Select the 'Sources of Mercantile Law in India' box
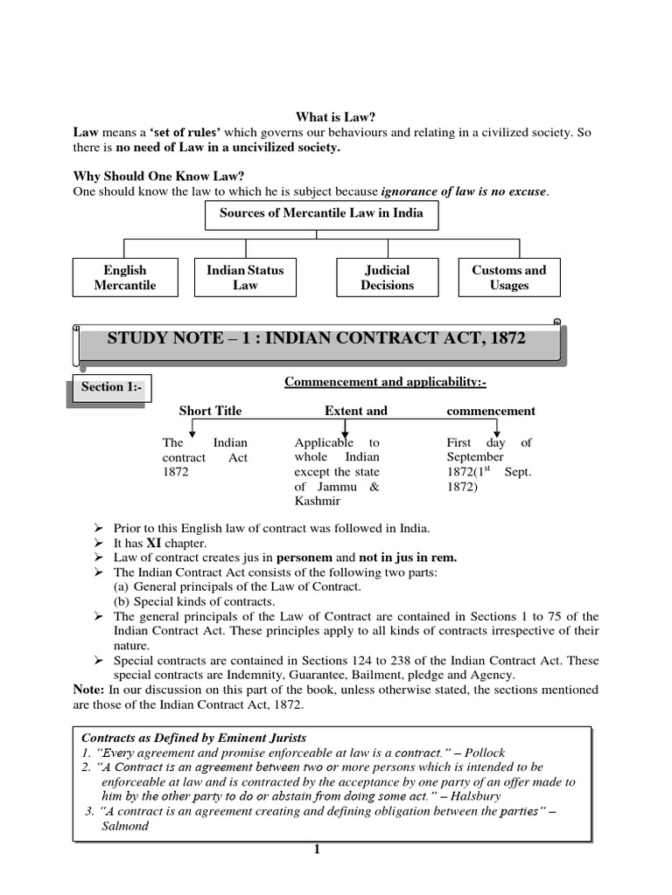pyautogui.click(x=320, y=213)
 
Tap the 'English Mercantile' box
pyautogui.click(x=125, y=278)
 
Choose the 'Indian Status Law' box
pyautogui.click(x=245, y=278)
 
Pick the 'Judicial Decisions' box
pyautogui.click(x=387, y=278)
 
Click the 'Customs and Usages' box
pyautogui.click(x=508, y=278)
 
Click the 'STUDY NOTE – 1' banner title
pyautogui.click(x=316, y=338)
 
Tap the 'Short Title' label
pyautogui.click(x=210, y=411)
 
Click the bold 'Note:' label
pyautogui.click(x=89, y=690)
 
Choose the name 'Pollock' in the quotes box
pyautogui.click(x=485, y=753)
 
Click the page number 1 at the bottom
pyautogui.click(x=318, y=850)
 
